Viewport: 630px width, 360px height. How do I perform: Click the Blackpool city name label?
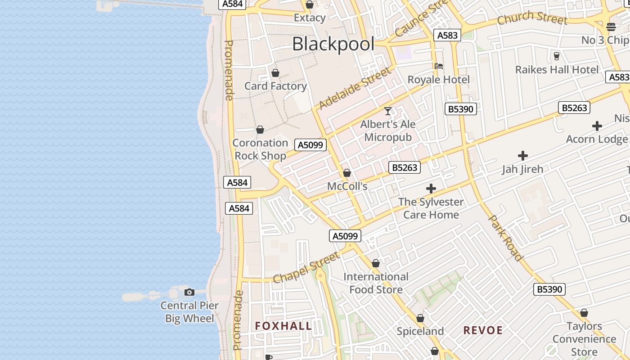coord(333,44)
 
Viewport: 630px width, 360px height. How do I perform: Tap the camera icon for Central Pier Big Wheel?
coord(189,292)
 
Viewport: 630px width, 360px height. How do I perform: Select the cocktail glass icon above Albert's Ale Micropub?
coord(388,111)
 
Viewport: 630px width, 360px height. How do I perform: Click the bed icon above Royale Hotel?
coord(439,66)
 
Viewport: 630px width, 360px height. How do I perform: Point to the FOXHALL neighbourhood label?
coord(283,326)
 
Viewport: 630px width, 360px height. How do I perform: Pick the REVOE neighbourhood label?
coord(483,330)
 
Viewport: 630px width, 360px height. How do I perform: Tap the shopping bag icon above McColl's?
coord(347,173)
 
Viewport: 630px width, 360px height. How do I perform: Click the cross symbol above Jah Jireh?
coord(522,156)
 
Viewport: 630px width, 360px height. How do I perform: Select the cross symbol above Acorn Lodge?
coord(597,126)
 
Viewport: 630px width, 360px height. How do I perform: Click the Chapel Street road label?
coord(306,267)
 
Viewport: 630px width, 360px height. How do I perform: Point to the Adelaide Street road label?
coord(355,88)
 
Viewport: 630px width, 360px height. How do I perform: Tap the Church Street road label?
coord(532,18)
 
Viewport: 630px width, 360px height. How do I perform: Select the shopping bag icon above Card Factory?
coord(275,72)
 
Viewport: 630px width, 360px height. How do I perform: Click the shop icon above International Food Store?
coord(376,263)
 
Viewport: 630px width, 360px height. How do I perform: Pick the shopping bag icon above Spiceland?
coord(420,318)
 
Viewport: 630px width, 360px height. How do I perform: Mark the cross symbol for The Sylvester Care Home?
coord(431,189)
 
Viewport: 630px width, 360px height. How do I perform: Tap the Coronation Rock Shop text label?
coord(260,149)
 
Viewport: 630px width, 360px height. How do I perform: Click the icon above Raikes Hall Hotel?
coord(557,56)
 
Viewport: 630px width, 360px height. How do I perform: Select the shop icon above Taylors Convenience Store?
coord(584,313)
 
